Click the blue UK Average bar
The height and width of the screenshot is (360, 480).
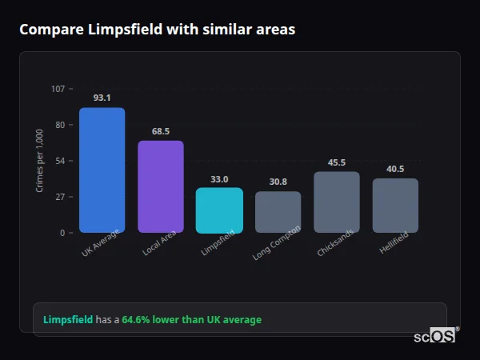pos(102,170)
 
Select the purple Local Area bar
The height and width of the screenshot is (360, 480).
pos(161,186)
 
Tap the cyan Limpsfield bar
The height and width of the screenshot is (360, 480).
pos(219,210)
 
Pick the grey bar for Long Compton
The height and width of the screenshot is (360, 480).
pos(278,212)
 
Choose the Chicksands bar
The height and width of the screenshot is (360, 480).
pos(337,202)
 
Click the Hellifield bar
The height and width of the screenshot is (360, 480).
pos(395,206)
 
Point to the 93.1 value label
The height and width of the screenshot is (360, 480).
pos(102,98)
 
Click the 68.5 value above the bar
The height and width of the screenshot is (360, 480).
pos(161,131)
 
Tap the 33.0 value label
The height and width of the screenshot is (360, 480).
pos(219,179)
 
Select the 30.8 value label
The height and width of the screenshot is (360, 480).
pos(278,182)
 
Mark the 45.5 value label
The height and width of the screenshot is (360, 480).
pos(337,162)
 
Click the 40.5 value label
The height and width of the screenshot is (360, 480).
pos(395,169)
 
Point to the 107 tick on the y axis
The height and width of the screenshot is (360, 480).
pos(58,89)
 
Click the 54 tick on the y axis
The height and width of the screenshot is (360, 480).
pos(60,161)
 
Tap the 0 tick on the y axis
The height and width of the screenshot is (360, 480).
pos(62,233)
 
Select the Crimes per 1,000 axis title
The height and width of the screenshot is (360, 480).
pos(40,161)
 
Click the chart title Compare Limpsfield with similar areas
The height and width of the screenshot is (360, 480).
pos(157,30)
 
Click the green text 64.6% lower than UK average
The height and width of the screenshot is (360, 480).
pos(191,320)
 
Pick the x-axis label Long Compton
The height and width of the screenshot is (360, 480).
pos(277,243)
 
